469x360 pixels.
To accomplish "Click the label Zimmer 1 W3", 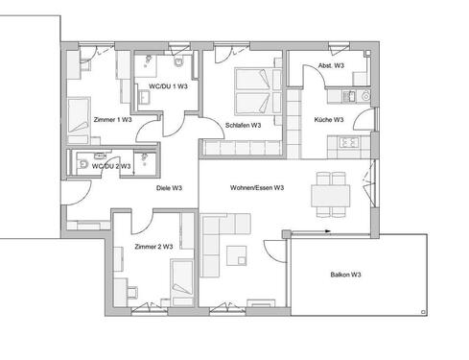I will (x=112, y=120).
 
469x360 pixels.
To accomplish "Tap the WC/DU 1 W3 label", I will (x=169, y=86).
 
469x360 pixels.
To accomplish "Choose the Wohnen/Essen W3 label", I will (x=256, y=188).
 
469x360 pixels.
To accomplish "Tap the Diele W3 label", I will (x=170, y=188).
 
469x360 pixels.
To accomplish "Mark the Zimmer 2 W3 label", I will (x=153, y=247).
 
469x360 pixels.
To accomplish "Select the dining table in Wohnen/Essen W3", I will (x=332, y=195).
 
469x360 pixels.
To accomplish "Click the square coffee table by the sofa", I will (x=237, y=256).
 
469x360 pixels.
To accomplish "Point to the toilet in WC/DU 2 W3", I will (x=84, y=165).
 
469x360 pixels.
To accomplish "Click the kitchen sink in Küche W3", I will (x=351, y=95).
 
